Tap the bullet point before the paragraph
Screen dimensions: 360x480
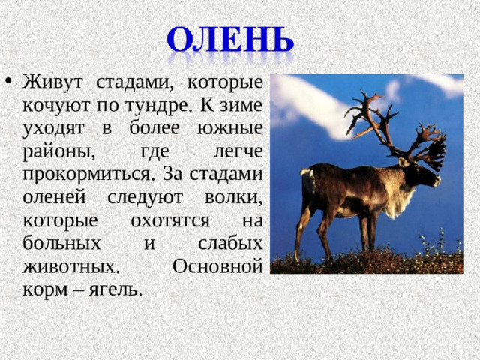tap(7, 82)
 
